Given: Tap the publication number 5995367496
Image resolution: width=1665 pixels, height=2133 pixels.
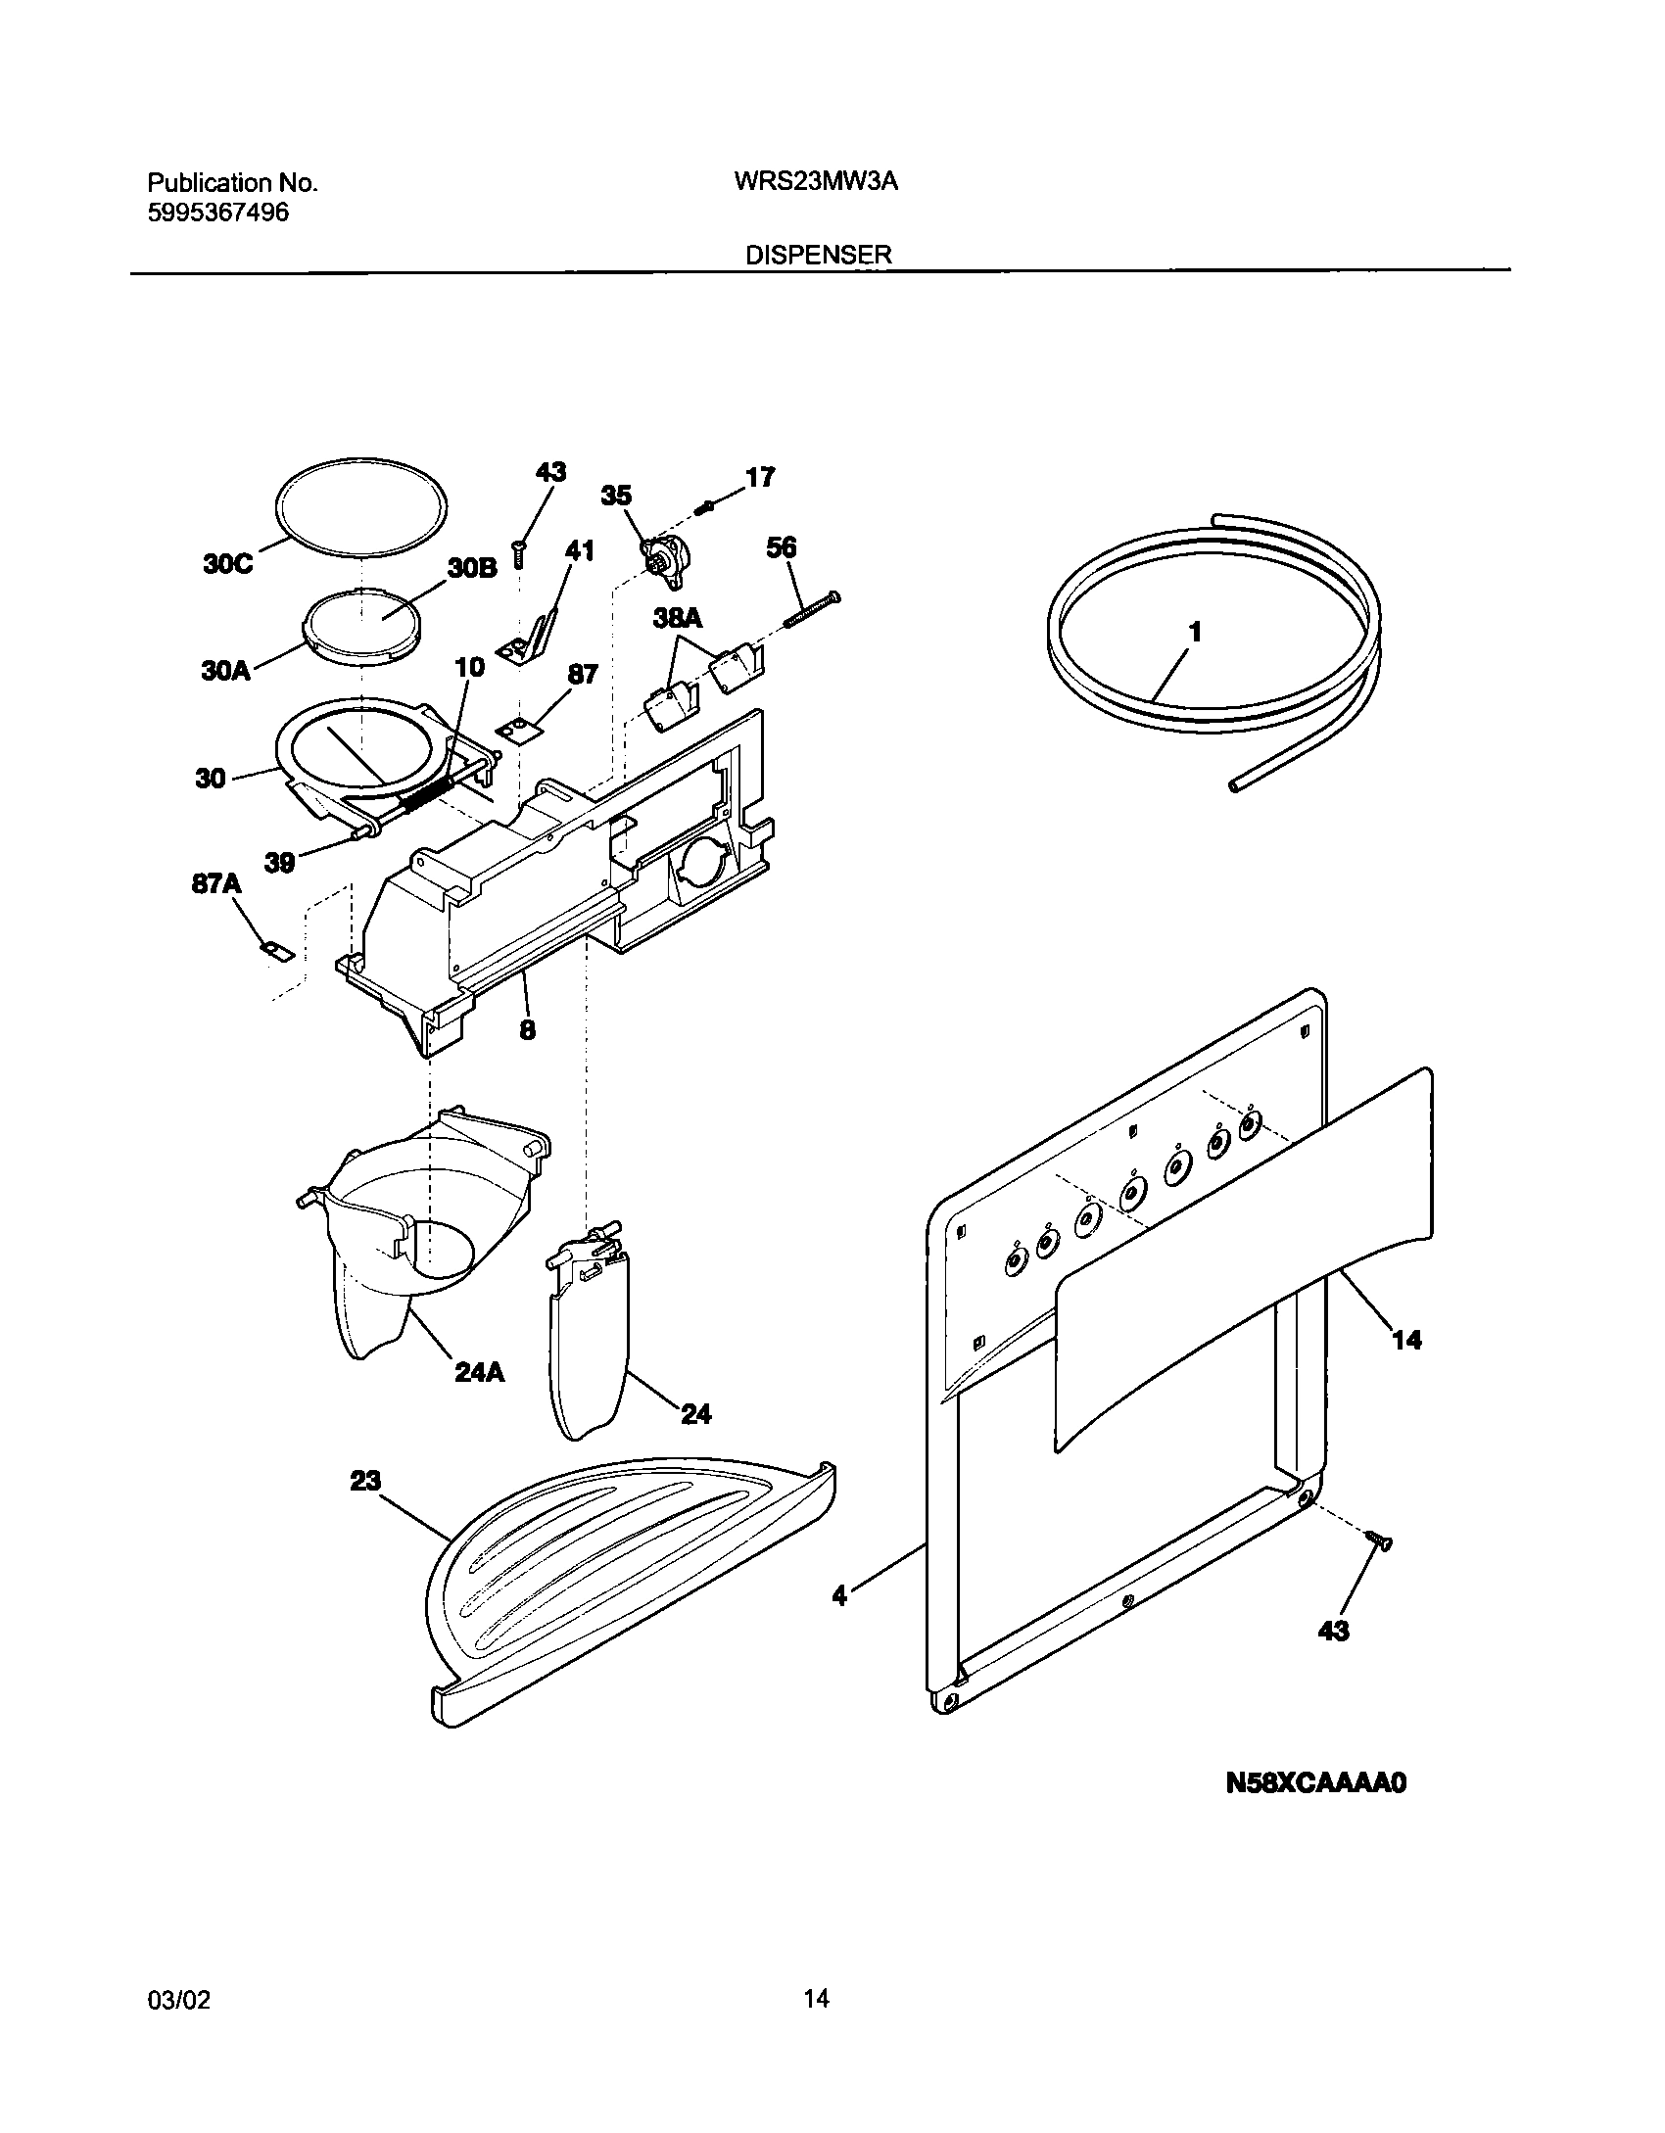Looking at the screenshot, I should pos(218,213).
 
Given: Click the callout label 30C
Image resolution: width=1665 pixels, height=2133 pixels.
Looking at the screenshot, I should pos(227,565).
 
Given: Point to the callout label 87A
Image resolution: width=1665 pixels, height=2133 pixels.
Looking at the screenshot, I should pos(216,884).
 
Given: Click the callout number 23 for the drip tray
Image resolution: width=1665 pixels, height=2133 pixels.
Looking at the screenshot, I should pos(365,1482).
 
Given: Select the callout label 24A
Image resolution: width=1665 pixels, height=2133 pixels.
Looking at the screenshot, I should pos(480,1373).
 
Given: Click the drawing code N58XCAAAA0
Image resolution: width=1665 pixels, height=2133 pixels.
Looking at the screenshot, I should pos(1315,1783).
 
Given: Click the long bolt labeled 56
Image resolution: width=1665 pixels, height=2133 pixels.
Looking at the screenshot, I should pos(812,609).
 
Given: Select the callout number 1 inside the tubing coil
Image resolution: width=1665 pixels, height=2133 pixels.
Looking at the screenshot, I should pos(1194,634).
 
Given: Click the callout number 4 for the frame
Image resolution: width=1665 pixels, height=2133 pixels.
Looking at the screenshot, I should pos(839,1595).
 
